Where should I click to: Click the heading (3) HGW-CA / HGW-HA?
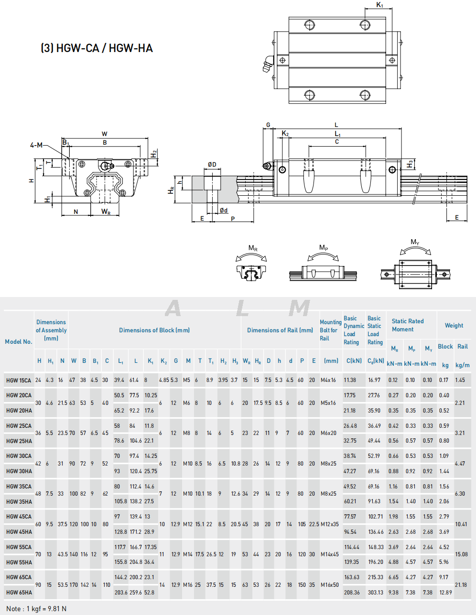click(97, 48)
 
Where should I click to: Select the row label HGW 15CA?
click(19, 381)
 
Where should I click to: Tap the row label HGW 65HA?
click(19, 593)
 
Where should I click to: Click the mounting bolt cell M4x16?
click(329, 381)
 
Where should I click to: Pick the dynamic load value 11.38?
click(350, 381)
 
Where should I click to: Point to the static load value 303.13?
click(375, 593)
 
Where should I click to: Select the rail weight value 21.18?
click(461, 585)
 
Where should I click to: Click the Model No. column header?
click(19, 342)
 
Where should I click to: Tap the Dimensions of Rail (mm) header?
click(280, 330)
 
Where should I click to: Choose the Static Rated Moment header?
click(408, 325)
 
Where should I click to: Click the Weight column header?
click(454, 326)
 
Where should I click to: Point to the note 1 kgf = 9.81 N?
click(36, 609)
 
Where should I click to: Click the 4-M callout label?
click(36, 145)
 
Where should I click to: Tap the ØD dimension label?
click(212, 165)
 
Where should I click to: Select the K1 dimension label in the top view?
click(380, 5)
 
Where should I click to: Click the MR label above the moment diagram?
click(253, 248)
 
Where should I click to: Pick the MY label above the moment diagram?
click(415, 242)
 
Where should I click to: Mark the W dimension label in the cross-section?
click(104, 134)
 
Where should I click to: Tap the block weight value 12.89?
click(445, 593)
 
